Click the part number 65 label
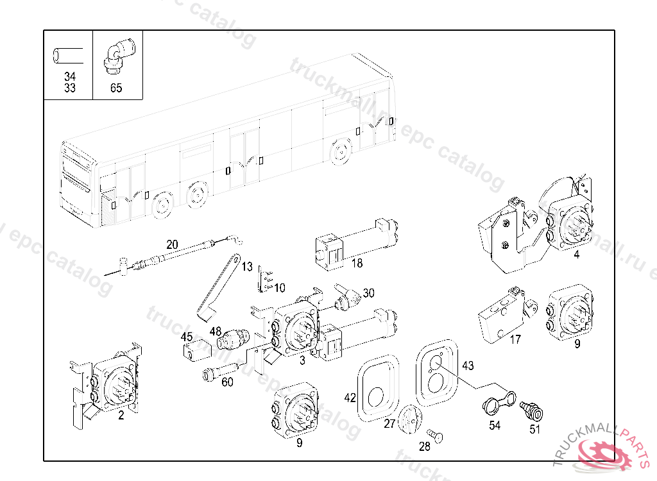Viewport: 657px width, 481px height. pos(115,88)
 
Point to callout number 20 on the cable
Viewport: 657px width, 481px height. pos(172,244)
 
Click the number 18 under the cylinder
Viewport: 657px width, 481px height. pos(357,263)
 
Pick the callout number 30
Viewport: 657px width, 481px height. pos(368,293)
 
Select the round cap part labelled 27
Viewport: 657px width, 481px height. pos(409,419)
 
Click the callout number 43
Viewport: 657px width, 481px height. pos(468,366)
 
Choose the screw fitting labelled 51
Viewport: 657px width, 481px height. pos(531,408)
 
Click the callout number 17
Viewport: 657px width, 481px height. pos(515,340)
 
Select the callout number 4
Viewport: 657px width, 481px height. pos(577,255)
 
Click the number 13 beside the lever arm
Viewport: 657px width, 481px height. pos(247,267)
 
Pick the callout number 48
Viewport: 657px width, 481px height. pos(215,332)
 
